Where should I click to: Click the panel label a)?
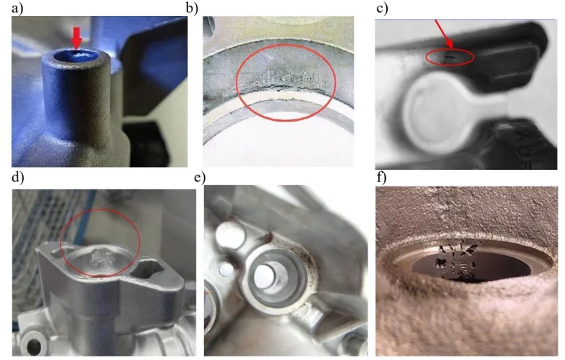(x=17, y=8)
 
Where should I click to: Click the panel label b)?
(x=192, y=8)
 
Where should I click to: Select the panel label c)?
(x=382, y=8)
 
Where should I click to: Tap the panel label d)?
(x=17, y=178)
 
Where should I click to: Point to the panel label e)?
(x=199, y=178)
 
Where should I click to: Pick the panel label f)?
(x=381, y=178)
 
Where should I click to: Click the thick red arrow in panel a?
(x=76, y=38)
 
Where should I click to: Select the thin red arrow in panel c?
(x=444, y=34)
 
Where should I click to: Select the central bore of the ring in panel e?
(x=272, y=277)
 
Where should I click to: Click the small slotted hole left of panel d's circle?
(x=58, y=253)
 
